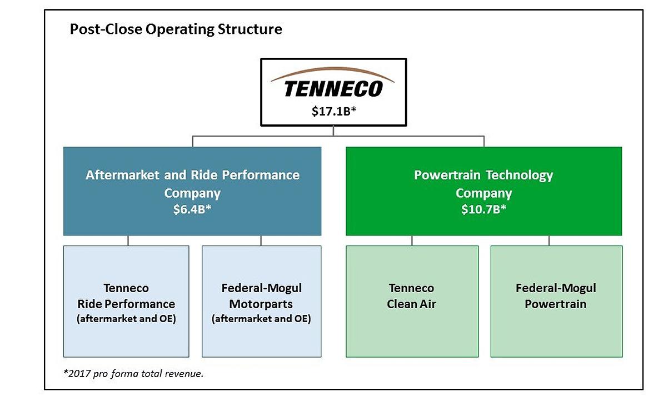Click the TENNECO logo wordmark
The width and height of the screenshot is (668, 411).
[x=333, y=89]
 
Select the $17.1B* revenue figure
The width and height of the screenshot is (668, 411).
[x=334, y=111]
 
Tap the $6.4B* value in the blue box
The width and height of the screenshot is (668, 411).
[x=192, y=209]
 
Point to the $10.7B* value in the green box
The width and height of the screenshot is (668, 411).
[x=483, y=209]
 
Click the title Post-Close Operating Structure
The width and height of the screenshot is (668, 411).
[x=176, y=29]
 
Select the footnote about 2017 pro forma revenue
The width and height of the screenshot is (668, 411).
[x=133, y=373]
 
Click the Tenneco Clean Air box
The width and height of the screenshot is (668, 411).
[x=412, y=302]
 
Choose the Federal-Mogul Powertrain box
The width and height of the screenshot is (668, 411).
[x=556, y=302]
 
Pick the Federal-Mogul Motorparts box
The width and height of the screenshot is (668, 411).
[x=262, y=302]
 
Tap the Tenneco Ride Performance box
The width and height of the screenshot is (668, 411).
[x=126, y=302]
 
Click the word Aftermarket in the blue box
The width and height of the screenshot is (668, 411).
[x=122, y=175]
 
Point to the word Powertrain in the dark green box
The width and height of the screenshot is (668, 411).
[x=447, y=175]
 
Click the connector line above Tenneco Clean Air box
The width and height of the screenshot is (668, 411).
[x=412, y=240]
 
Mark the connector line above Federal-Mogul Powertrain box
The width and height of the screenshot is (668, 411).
[x=549, y=240]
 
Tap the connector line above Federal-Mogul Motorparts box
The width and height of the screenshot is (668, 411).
[x=261, y=240]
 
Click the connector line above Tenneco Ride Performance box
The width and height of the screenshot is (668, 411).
[x=128, y=240]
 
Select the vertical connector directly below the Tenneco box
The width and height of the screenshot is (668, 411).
[x=333, y=131]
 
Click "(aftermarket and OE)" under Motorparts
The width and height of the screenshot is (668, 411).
[x=261, y=319]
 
